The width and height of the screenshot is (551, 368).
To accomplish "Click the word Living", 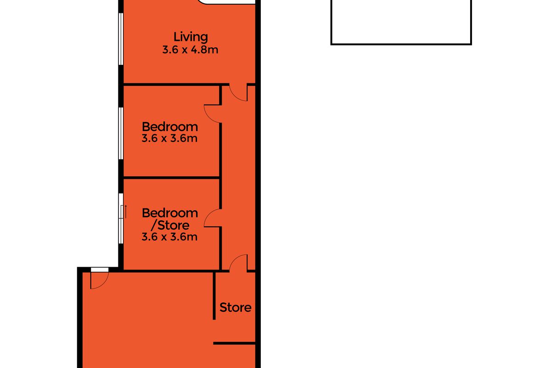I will (191, 37).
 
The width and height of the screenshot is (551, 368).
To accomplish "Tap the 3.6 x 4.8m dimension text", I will (190, 49).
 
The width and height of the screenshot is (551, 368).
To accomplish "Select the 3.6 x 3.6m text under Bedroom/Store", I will (170, 237).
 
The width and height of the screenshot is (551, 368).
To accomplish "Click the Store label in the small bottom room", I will (236, 307).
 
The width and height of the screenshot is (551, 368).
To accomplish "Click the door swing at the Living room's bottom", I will (238, 92).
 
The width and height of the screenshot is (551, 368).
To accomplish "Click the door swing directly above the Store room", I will (238, 263).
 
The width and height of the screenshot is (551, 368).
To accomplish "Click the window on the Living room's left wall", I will (120, 39).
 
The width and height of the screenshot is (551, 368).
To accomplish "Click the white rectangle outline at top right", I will (401, 23).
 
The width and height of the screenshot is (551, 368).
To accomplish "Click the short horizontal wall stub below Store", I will (234, 343).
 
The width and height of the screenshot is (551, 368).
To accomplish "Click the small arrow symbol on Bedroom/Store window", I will (125, 212).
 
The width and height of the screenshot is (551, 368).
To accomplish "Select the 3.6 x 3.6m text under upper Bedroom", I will (170, 138).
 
